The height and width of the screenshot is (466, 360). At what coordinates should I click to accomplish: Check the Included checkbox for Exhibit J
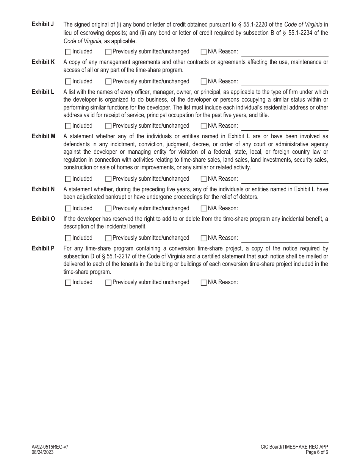point(68,52)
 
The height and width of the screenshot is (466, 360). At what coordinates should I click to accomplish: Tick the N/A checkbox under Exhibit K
point(203,81)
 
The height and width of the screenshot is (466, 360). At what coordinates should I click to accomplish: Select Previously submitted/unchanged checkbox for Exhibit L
point(108,126)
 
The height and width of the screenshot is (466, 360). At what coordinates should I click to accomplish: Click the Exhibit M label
point(43,136)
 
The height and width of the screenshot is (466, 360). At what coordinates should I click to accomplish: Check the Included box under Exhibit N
point(68,208)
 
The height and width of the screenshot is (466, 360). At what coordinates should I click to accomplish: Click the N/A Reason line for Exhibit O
point(285,238)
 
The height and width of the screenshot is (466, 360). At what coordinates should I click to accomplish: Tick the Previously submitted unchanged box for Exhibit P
point(108,282)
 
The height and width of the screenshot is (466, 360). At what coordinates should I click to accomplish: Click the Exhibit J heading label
point(43,24)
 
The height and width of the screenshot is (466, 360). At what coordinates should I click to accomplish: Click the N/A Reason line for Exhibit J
point(285,52)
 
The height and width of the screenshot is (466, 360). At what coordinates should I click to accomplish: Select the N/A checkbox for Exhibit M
point(203,179)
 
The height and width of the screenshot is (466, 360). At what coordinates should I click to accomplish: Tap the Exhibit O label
point(43,219)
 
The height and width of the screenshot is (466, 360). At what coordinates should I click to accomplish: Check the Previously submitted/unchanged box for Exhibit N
point(108,208)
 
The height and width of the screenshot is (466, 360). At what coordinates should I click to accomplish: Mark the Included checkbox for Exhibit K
point(68,81)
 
